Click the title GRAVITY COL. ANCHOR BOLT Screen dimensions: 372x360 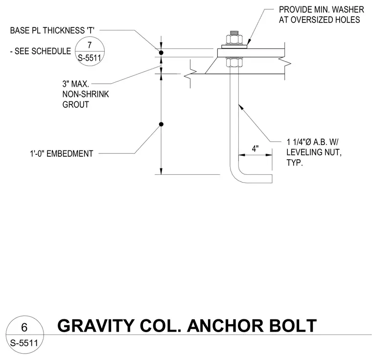point(187,326)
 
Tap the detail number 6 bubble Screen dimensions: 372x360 point(24,335)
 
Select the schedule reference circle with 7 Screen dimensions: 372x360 point(90,51)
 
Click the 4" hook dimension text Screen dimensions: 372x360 point(255,149)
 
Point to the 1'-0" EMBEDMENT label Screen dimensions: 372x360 point(62,154)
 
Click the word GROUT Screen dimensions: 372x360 point(76,104)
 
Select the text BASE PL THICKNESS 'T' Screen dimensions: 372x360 point(52,30)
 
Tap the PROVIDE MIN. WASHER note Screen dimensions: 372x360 point(321,9)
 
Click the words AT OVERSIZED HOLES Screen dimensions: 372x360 point(319,20)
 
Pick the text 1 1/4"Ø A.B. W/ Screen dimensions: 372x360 point(312,142)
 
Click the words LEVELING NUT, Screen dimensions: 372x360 point(314,152)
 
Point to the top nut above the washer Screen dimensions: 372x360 point(234,40)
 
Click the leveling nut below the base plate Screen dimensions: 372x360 point(234,62)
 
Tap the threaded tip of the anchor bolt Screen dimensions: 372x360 point(234,33)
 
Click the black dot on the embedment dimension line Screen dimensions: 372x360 point(161,124)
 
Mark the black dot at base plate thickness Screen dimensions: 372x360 point(161,53)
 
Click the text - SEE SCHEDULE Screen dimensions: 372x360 point(40,51)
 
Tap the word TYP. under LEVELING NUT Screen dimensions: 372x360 point(295,163)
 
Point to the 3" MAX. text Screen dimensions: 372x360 point(76,84)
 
